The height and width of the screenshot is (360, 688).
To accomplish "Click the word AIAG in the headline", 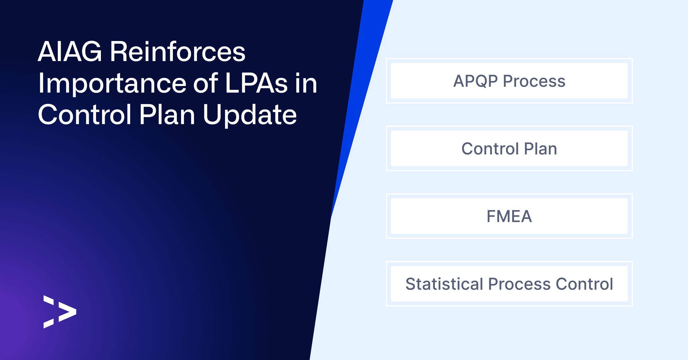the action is [x=70, y=52].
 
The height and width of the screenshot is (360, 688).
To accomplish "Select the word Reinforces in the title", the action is [x=178, y=52].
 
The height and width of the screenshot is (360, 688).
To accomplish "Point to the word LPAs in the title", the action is [x=256, y=83].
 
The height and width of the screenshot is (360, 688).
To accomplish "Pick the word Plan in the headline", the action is [x=167, y=115].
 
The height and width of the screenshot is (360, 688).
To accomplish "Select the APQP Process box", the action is [x=509, y=81].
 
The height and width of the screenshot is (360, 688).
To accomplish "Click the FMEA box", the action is [x=509, y=216].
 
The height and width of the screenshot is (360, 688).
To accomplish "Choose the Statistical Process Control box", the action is [x=509, y=284].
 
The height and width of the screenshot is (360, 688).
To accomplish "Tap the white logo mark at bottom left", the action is [x=60, y=312].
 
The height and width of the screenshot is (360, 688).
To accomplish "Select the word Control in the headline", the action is [x=85, y=115].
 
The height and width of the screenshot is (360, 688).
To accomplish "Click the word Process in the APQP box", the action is [x=534, y=81].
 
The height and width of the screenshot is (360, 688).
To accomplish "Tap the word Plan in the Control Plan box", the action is [x=540, y=148].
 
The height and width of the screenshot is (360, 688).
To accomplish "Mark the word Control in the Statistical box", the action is [x=584, y=284].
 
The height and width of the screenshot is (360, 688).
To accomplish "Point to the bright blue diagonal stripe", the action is [x=362, y=109].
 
